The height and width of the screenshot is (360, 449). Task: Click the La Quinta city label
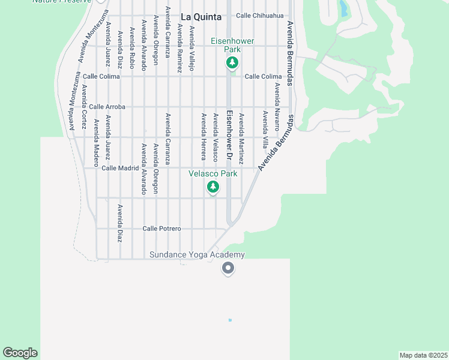point(200,16)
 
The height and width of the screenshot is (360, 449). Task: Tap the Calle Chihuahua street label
point(260,16)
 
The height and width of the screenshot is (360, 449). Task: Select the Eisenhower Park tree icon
point(232,62)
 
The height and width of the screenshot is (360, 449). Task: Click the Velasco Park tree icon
point(212,187)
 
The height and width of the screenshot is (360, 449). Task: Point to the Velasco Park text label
point(212,173)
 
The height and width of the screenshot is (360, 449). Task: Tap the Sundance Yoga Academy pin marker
point(228,268)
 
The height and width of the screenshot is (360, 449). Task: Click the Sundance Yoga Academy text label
point(197,255)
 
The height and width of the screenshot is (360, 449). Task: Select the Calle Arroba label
point(107,107)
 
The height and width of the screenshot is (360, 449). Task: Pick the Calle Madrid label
point(120,168)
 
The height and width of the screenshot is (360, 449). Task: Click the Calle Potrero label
point(161,229)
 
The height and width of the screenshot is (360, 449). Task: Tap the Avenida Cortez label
point(83,107)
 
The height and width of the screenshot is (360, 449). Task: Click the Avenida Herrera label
point(203,137)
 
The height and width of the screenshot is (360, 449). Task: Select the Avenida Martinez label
point(241,139)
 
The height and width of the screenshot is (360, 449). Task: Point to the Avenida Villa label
point(265,129)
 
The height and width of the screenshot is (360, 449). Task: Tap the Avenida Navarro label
point(277,107)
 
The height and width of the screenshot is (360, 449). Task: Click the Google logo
point(20,353)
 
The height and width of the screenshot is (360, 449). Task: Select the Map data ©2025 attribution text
point(423,355)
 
